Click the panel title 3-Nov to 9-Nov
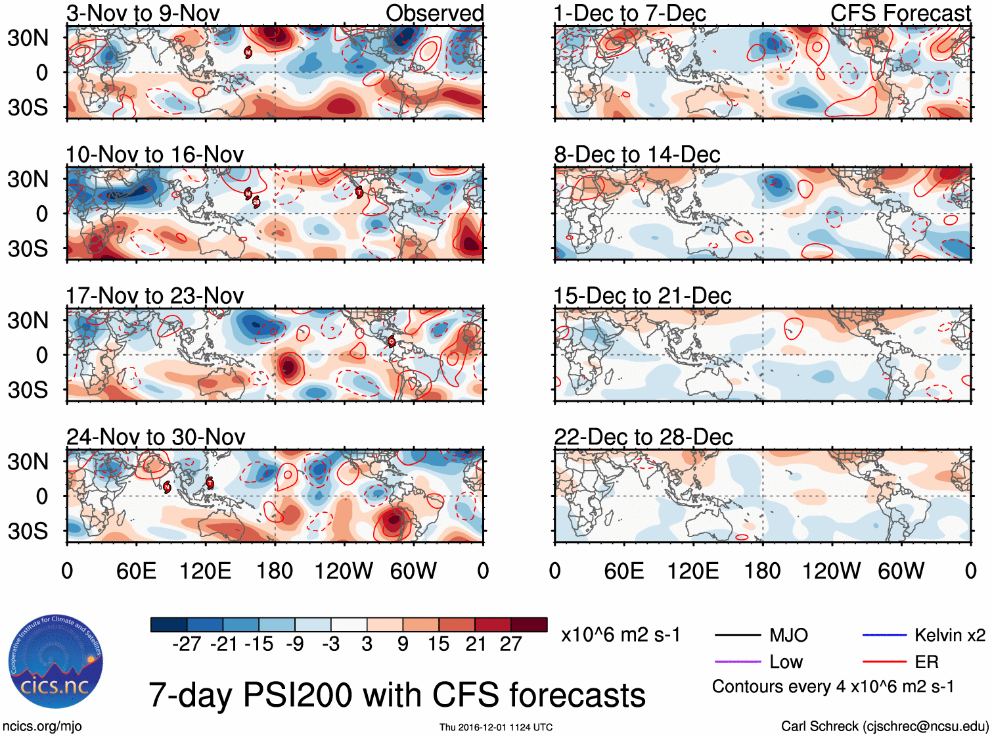point(143,13)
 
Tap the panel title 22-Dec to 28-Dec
point(643,437)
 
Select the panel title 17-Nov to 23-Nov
point(154,296)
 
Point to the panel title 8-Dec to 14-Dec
point(637,155)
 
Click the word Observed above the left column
point(434,13)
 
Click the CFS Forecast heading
point(900,13)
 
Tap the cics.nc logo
point(56,662)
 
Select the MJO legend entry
point(788,635)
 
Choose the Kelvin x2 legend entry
point(949,635)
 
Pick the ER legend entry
point(926,662)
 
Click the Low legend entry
point(786,662)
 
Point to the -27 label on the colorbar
point(187,644)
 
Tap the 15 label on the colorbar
point(438,644)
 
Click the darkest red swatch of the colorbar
point(529,625)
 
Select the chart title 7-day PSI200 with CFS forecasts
point(397,695)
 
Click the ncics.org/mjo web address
point(42,726)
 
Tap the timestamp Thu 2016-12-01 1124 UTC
point(496,727)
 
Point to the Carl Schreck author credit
point(884,726)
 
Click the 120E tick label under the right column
point(693,571)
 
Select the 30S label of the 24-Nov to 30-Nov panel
point(28,531)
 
